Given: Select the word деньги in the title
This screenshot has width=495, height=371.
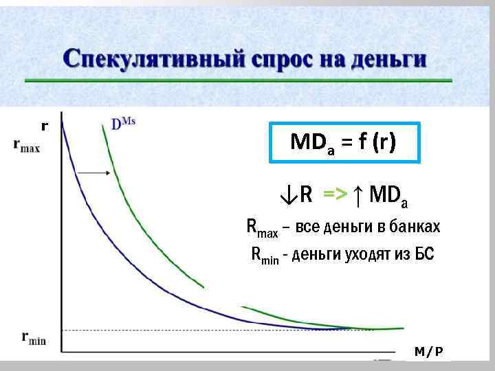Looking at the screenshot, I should pos(388,58).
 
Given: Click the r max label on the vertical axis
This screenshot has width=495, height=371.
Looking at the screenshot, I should pos(27,145).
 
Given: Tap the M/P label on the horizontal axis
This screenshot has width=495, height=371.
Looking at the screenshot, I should pos(429,352).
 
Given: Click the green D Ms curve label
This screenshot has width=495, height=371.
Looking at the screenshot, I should pos(124,123).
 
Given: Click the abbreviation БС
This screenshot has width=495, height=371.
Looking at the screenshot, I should pos(425,255).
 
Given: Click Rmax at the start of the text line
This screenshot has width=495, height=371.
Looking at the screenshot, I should pos(262,228).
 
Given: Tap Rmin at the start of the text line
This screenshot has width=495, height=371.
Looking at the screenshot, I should pos(265,256).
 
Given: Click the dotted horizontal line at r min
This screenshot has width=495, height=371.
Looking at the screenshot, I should pos(206,331).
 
